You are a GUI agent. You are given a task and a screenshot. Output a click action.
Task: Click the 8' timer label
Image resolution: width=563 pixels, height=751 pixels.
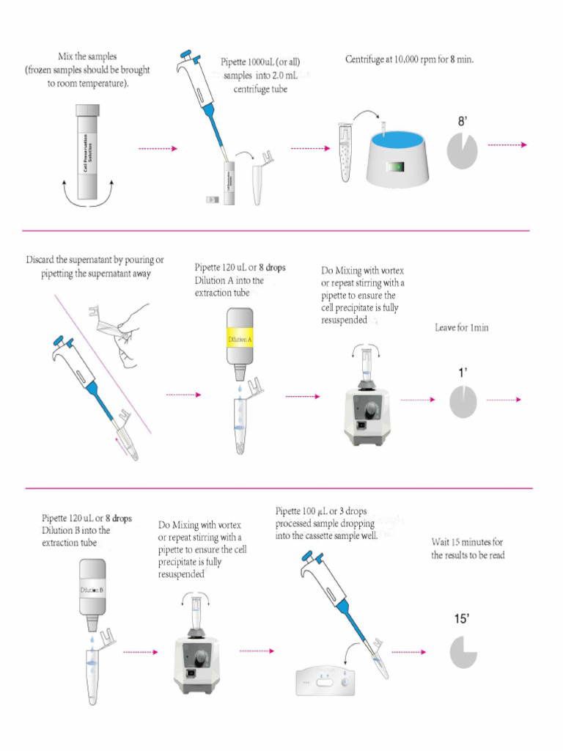click(463, 122)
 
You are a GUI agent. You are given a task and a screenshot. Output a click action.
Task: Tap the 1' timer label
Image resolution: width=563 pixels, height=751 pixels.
click(463, 373)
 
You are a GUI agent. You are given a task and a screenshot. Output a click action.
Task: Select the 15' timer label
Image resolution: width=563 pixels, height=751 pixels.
click(462, 619)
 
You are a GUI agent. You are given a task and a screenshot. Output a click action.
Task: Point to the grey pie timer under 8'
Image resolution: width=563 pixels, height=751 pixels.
click(463, 152)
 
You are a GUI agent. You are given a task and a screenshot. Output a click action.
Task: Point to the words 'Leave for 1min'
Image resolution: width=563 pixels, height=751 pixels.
click(462, 328)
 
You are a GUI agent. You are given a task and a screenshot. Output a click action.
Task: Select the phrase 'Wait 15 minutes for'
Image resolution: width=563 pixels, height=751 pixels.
click(467, 543)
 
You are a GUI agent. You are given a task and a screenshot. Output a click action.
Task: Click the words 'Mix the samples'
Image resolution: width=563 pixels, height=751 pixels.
click(87, 56)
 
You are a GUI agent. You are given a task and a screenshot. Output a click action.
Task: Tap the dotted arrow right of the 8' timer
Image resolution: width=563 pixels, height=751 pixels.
click(507, 145)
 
